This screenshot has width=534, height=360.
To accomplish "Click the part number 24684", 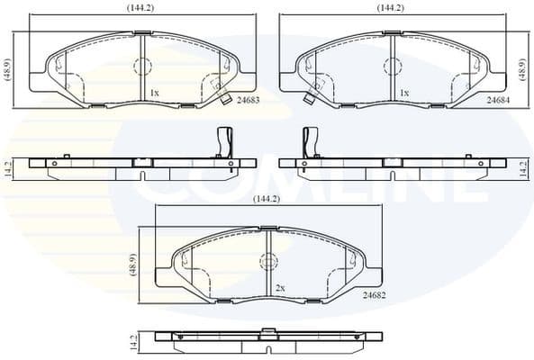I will [501, 101].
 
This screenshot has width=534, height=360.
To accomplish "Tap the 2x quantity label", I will [280, 287].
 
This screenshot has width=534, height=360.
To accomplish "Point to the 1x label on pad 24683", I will [154, 93].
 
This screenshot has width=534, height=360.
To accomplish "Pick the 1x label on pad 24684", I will [404, 93].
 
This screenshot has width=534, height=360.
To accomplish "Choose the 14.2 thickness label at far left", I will [8, 166].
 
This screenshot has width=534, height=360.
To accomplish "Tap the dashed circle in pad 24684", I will [393, 67].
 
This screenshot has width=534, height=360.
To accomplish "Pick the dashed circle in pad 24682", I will [267, 261].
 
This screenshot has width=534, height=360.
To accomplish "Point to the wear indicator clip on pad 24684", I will [313, 91].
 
